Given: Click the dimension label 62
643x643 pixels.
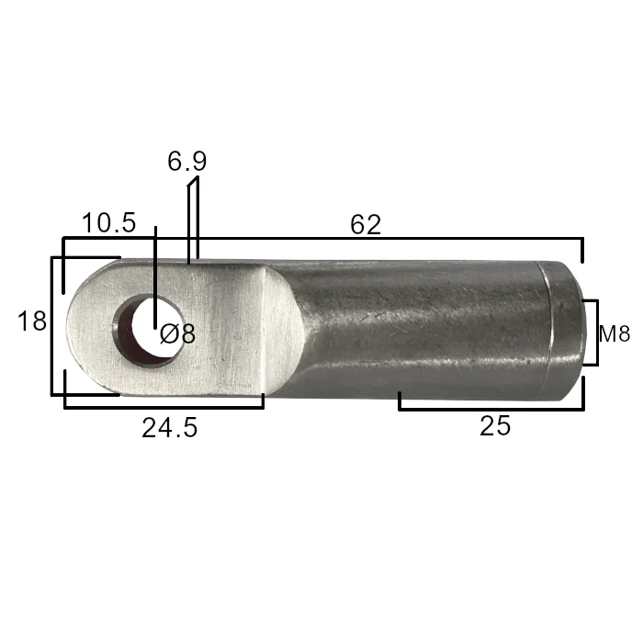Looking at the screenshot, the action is pos(366,224).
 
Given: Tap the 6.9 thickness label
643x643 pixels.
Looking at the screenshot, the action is pos(187,161).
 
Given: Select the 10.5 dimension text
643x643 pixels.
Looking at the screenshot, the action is pos(108,223).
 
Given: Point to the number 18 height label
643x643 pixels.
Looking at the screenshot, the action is pos(32,321).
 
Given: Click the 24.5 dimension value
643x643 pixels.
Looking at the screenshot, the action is pos(170,427).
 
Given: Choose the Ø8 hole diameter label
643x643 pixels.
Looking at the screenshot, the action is pos(177,333).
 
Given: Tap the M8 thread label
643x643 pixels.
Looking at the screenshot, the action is pos(614,333).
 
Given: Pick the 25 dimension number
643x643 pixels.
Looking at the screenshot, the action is pos(495,425).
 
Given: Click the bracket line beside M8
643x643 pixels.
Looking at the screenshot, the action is pos(597,333).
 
